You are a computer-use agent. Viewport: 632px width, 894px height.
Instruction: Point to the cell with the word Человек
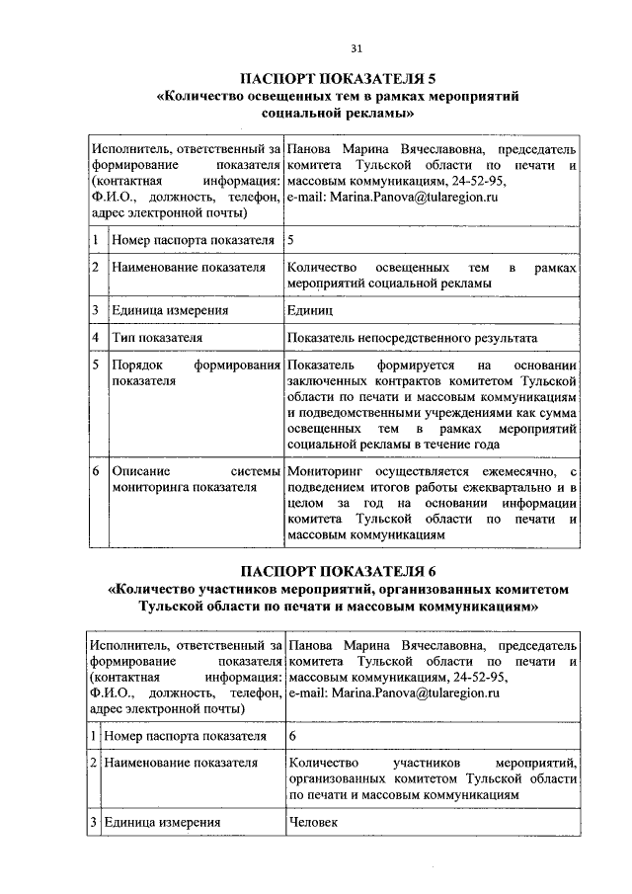click(314, 822)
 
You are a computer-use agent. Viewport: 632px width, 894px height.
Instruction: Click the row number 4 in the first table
click(95, 338)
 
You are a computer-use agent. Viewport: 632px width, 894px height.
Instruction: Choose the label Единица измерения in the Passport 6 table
click(161, 822)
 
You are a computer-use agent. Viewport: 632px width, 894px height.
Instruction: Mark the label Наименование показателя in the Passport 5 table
click(175, 268)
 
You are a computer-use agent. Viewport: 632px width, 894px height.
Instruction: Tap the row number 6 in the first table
click(95, 472)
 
